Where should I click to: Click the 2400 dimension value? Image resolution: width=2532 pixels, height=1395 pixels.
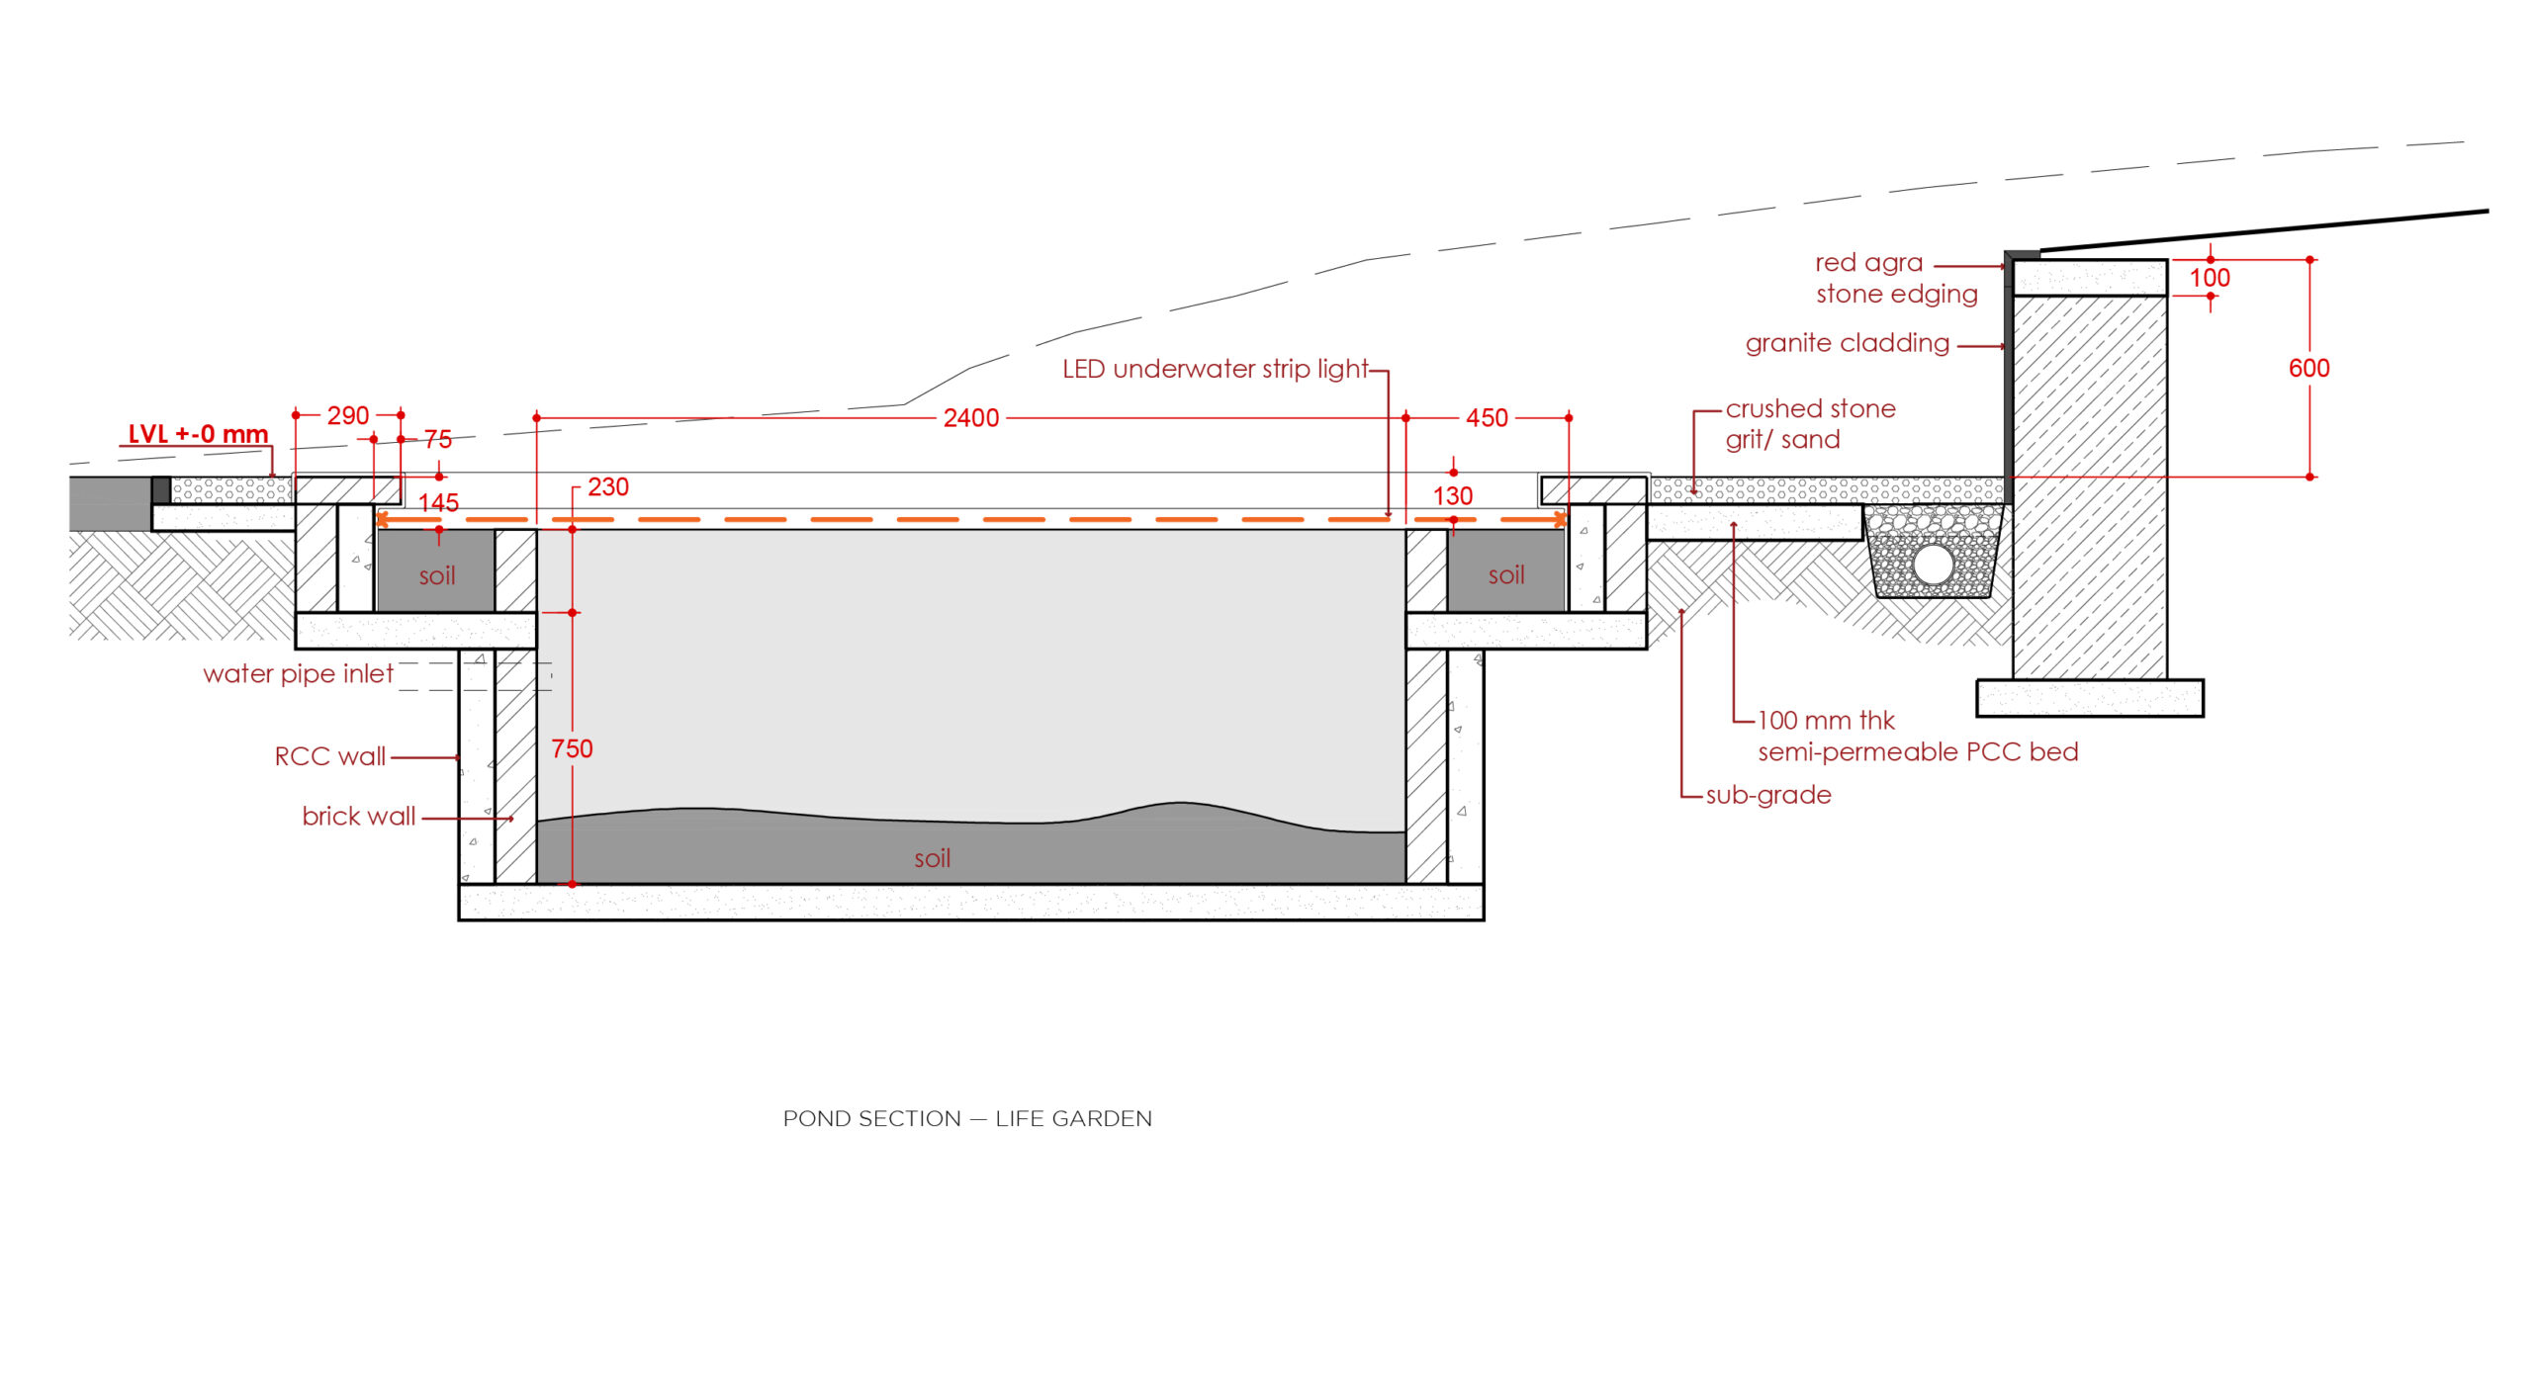tap(970, 418)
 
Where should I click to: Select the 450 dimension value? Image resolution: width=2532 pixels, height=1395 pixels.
tap(1487, 418)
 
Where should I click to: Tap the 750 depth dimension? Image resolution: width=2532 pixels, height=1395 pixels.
tap(572, 748)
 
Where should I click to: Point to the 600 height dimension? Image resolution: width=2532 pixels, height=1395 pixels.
tap(2308, 368)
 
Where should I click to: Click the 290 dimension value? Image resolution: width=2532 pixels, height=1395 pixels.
tap(348, 415)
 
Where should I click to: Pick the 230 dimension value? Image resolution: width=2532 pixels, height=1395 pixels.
tap(607, 486)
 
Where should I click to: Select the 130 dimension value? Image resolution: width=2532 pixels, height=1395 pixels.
tap(1452, 495)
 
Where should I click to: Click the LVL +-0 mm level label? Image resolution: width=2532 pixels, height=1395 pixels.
tap(198, 434)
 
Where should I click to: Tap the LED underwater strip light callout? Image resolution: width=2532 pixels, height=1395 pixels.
tap(1215, 369)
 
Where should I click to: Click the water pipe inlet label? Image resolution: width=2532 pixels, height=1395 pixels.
tap(298, 673)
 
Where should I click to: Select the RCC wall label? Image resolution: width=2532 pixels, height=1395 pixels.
tap(329, 756)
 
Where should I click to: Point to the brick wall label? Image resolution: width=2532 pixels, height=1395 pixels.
tap(358, 816)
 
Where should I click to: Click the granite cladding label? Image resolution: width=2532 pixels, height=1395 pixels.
tap(1847, 343)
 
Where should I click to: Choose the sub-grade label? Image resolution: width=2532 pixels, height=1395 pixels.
tap(1767, 795)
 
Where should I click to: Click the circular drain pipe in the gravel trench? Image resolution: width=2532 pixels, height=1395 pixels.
tap(1933, 565)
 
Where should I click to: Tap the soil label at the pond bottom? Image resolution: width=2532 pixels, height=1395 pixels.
tap(932, 858)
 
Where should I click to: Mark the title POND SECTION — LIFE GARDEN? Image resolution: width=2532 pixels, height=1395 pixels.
tap(966, 1118)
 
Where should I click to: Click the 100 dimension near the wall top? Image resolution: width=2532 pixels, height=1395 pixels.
tap(2209, 278)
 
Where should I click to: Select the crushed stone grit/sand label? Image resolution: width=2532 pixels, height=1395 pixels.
tap(1809, 424)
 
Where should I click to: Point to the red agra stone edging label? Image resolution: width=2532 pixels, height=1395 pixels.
tap(1895, 278)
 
